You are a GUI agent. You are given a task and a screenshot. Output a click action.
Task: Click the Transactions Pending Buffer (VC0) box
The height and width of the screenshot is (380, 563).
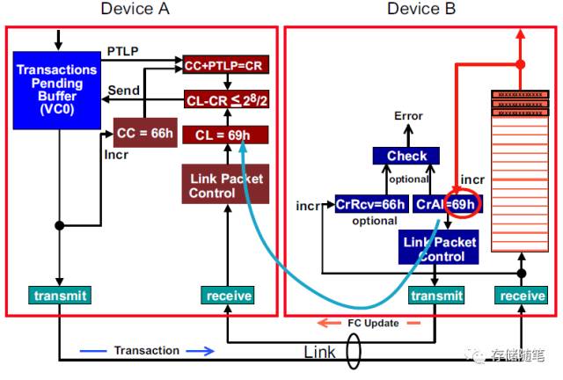(x=57, y=90)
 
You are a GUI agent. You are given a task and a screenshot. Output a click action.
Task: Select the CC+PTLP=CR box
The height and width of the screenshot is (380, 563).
(x=226, y=64)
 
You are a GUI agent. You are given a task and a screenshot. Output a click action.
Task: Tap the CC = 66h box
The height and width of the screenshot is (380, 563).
(x=145, y=133)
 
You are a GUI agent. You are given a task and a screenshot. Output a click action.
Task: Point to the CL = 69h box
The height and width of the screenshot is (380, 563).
(x=225, y=135)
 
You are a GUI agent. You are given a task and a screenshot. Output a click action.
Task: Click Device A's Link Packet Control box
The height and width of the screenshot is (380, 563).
(x=225, y=184)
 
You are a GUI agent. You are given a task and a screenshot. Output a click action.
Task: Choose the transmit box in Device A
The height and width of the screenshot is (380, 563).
(x=60, y=296)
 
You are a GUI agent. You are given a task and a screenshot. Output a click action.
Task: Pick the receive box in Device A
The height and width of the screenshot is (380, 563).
(x=228, y=296)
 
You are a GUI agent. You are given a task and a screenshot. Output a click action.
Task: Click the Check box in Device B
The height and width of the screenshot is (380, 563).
(x=406, y=156)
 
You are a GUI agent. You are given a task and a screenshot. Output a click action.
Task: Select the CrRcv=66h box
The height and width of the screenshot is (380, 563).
(x=371, y=204)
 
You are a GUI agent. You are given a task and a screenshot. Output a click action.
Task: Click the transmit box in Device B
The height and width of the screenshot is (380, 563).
(x=436, y=296)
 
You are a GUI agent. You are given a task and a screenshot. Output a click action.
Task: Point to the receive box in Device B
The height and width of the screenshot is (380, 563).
(x=522, y=296)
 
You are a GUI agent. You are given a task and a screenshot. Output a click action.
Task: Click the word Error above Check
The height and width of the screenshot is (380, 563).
(x=408, y=116)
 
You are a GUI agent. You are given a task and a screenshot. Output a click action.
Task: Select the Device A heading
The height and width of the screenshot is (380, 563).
(x=135, y=9)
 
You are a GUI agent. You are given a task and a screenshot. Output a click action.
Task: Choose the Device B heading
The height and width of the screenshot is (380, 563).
(x=421, y=9)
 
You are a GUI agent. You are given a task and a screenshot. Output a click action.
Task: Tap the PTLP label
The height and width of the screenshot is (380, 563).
(x=123, y=51)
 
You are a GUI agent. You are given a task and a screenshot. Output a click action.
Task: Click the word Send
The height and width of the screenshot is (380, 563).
(x=124, y=90)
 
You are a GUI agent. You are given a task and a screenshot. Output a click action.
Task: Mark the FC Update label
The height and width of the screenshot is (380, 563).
(x=373, y=323)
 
